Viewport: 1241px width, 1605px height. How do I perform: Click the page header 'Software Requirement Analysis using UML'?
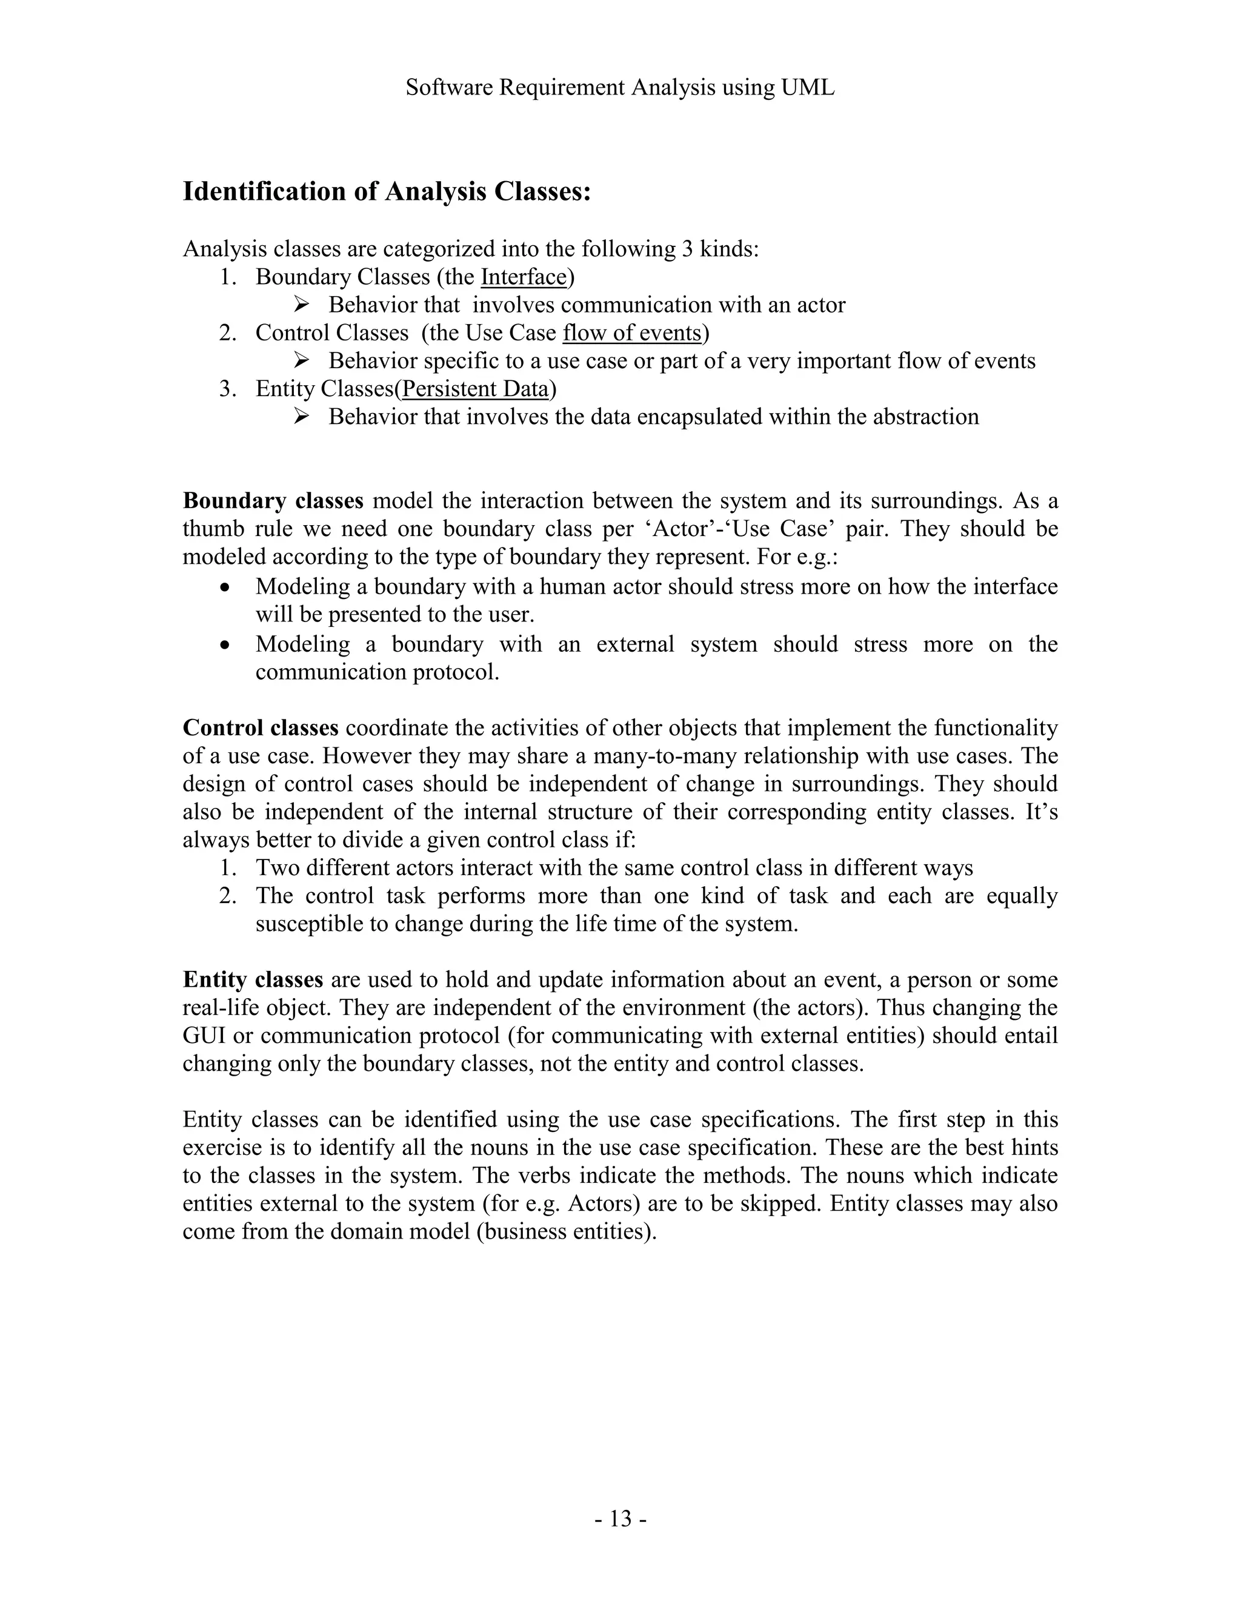tap(620, 88)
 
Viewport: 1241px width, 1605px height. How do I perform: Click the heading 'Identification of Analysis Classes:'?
tap(387, 192)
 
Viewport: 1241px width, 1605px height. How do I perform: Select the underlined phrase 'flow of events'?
tap(632, 333)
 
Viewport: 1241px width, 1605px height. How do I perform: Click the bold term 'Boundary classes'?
tap(273, 501)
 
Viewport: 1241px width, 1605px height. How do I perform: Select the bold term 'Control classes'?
tap(260, 727)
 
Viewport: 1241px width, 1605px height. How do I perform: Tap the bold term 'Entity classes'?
tap(253, 979)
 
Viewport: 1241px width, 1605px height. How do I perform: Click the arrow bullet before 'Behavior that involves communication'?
tap(301, 304)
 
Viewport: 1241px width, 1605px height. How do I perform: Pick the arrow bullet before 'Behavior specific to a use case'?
tap(301, 360)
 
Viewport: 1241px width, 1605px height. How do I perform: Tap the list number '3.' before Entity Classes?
tap(228, 389)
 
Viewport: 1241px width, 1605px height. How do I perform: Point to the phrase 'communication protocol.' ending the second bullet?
tap(377, 672)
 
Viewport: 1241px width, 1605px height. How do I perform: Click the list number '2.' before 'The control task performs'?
tap(228, 896)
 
